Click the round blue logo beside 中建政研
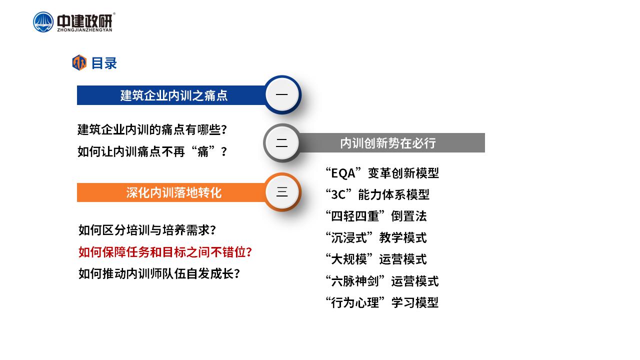click(43, 22)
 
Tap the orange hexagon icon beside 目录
click(79, 62)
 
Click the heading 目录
click(104, 63)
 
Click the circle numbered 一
click(282, 94)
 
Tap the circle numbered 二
click(282, 143)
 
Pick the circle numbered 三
click(282, 191)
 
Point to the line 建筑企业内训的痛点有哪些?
click(152, 129)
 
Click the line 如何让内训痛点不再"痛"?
click(152, 151)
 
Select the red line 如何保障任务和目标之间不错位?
click(165, 252)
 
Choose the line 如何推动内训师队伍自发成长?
click(159, 273)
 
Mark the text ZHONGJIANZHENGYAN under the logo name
click(85, 29)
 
